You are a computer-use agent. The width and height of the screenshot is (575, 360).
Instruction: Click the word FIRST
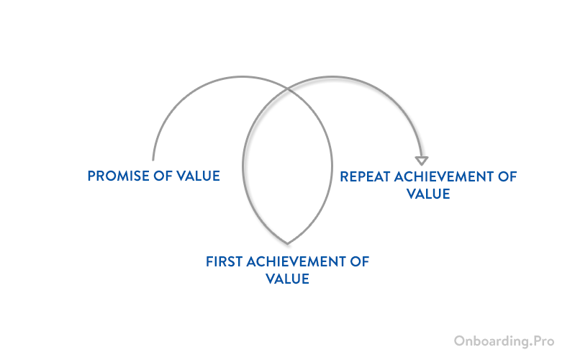[x=224, y=261]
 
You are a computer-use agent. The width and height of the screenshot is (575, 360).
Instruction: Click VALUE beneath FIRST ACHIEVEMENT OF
[x=287, y=279]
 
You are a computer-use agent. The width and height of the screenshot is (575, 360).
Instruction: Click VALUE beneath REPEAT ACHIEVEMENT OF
[x=428, y=194]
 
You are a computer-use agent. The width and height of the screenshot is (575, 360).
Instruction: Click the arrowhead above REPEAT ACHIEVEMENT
[x=422, y=161]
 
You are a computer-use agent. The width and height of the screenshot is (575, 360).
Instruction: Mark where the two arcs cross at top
[x=288, y=89]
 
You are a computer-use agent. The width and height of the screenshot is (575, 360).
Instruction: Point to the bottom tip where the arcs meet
[x=287, y=242]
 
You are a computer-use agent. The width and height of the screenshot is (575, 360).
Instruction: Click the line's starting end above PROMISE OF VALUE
[x=153, y=158]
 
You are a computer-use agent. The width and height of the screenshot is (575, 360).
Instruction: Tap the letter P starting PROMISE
[x=91, y=176]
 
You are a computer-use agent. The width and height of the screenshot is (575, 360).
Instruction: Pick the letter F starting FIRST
[x=209, y=261]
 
